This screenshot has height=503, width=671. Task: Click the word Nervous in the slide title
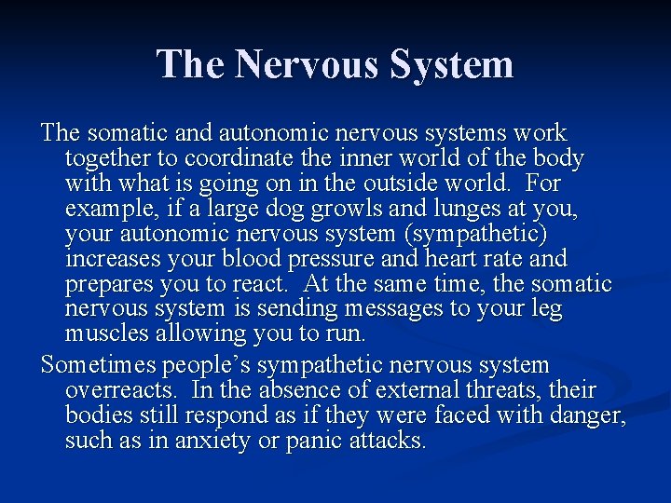point(308,65)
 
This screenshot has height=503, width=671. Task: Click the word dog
point(282,210)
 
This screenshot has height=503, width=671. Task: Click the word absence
point(287,390)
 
